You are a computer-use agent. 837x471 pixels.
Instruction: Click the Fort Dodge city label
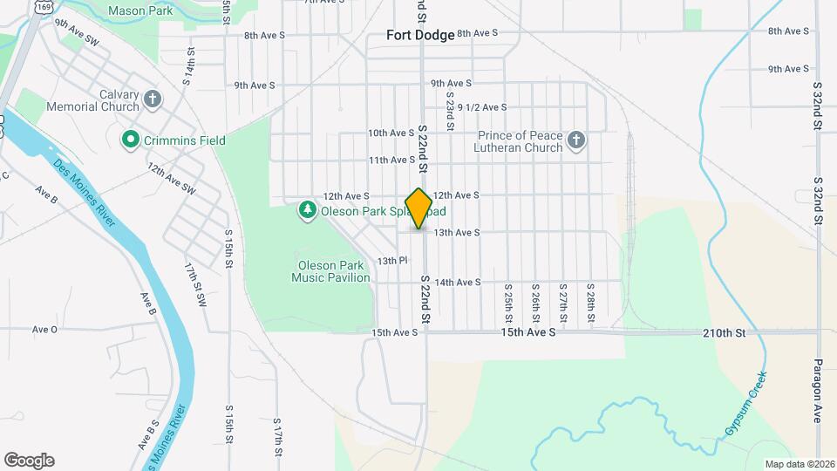(422, 36)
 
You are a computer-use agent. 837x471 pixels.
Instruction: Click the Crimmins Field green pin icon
(131, 140)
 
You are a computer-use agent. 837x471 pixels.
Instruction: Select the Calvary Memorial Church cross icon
(153, 99)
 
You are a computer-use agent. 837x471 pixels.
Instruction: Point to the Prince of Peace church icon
(575, 140)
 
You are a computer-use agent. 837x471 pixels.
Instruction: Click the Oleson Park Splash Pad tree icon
(307, 210)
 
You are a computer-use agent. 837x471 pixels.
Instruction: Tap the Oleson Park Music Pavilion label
(330, 271)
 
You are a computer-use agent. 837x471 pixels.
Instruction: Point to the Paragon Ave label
(819, 390)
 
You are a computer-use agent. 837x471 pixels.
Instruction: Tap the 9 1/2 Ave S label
(482, 107)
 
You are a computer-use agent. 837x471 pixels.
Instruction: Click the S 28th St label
(591, 299)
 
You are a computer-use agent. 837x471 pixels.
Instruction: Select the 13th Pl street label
(392, 261)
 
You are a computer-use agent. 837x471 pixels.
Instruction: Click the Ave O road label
(44, 329)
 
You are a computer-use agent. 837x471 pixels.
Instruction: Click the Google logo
(29, 461)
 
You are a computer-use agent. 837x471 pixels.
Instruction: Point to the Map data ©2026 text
(798, 463)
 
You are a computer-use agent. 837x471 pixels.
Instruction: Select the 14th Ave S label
(458, 283)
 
